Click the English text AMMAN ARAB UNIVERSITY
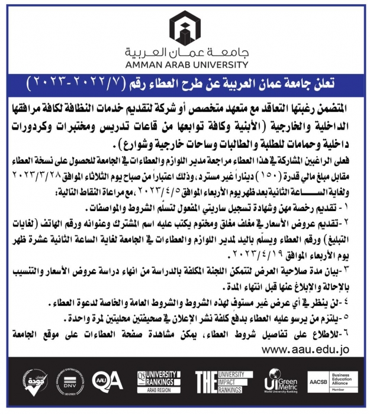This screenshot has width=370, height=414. [185, 64]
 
